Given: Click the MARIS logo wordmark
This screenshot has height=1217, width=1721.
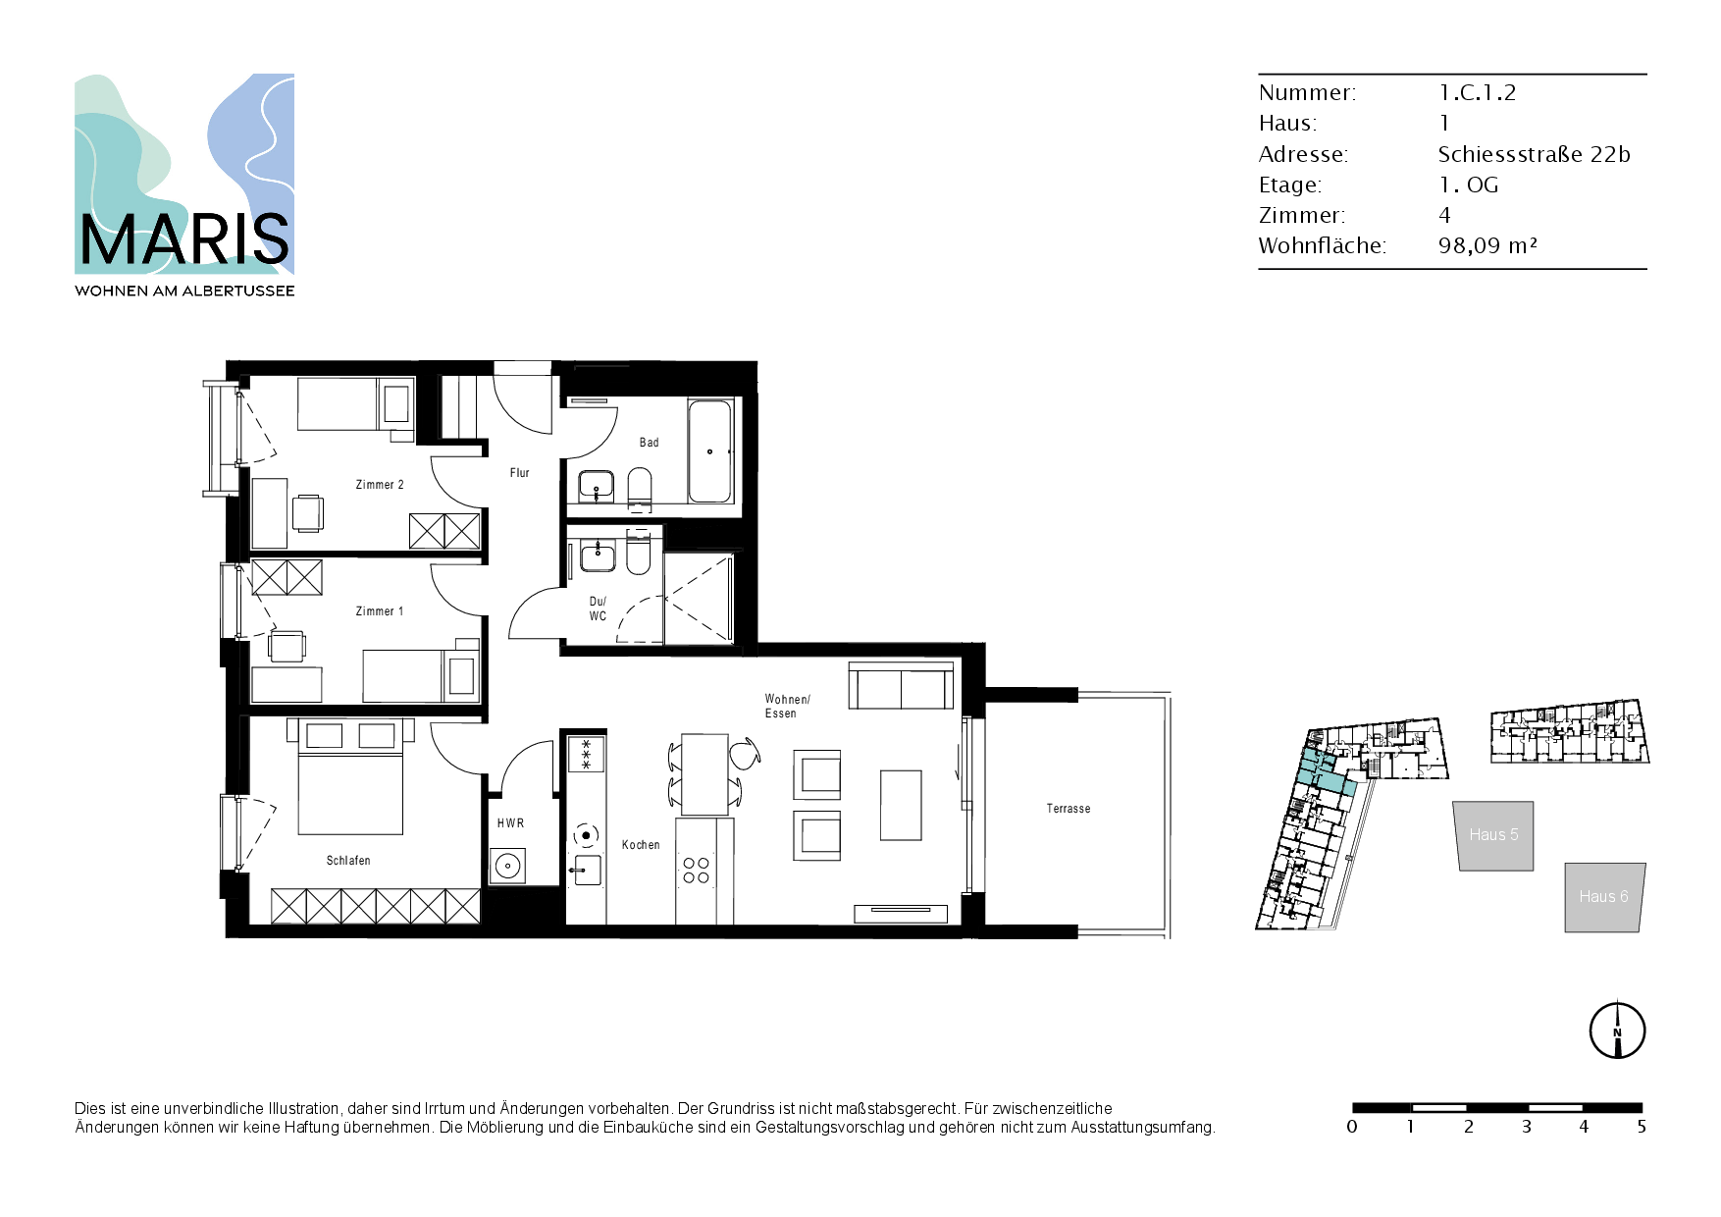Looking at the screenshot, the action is [184, 239].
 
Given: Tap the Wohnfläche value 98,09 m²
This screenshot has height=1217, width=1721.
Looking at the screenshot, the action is [1487, 245].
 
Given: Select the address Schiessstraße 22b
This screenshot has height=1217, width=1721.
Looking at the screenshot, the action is [1534, 154].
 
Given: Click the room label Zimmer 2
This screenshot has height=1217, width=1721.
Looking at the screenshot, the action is [380, 485].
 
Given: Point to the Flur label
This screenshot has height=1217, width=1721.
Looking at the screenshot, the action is [520, 473].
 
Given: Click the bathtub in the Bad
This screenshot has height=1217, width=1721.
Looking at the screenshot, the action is [710, 451].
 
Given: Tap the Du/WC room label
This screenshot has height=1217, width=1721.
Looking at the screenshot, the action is [598, 608].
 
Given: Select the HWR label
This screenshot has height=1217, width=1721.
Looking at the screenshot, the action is [510, 823].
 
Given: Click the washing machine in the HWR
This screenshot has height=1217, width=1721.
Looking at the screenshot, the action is [507, 866].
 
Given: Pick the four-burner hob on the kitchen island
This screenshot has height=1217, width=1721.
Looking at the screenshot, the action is [697, 871].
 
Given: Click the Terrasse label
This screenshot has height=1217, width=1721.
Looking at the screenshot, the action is [1069, 809].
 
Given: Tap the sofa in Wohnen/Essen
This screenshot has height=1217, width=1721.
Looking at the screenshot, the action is [901, 685].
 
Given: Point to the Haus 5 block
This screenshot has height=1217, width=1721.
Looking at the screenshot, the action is [1493, 835].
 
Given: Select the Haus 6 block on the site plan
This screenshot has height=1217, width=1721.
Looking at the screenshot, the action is [1604, 897].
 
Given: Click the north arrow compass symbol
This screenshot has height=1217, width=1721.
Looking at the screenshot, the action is [1617, 1031].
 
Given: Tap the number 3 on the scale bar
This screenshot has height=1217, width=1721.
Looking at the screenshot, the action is [1527, 1127].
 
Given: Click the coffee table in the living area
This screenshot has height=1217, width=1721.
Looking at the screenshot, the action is [901, 805].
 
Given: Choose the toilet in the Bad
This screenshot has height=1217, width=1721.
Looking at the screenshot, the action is [639, 488].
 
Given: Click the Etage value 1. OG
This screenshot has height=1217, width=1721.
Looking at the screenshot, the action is [1469, 185].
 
